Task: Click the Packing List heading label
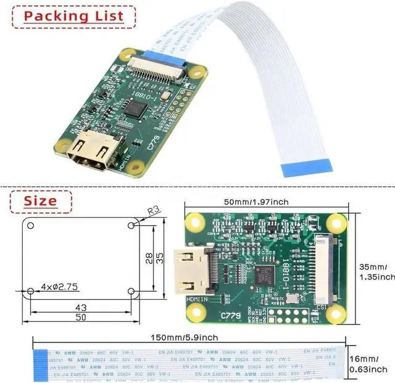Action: click(x=73, y=16)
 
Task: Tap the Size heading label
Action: click(x=41, y=201)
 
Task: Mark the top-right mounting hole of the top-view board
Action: click(x=336, y=221)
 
